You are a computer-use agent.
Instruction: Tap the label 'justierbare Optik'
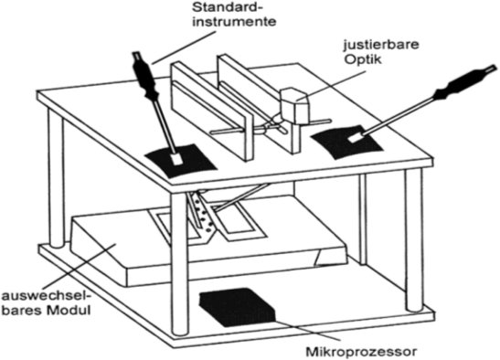point(381,52)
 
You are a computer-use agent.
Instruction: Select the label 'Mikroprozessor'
point(361,352)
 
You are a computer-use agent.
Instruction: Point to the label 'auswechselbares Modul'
point(47,303)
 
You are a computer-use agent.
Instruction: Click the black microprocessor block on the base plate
point(238,307)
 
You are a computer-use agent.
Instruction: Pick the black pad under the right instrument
point(346,142)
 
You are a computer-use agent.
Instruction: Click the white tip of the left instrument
point(176,159)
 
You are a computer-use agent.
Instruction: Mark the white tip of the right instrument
point(356,137)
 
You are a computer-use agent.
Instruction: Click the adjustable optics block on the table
point(295,105)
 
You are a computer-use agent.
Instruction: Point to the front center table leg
point(179,263)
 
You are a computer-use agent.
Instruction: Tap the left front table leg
point(56,178)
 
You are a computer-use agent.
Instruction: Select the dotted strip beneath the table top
point(202,211)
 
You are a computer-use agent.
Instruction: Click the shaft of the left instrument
point(164,126)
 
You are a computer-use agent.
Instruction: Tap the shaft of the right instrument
point(399,115)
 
